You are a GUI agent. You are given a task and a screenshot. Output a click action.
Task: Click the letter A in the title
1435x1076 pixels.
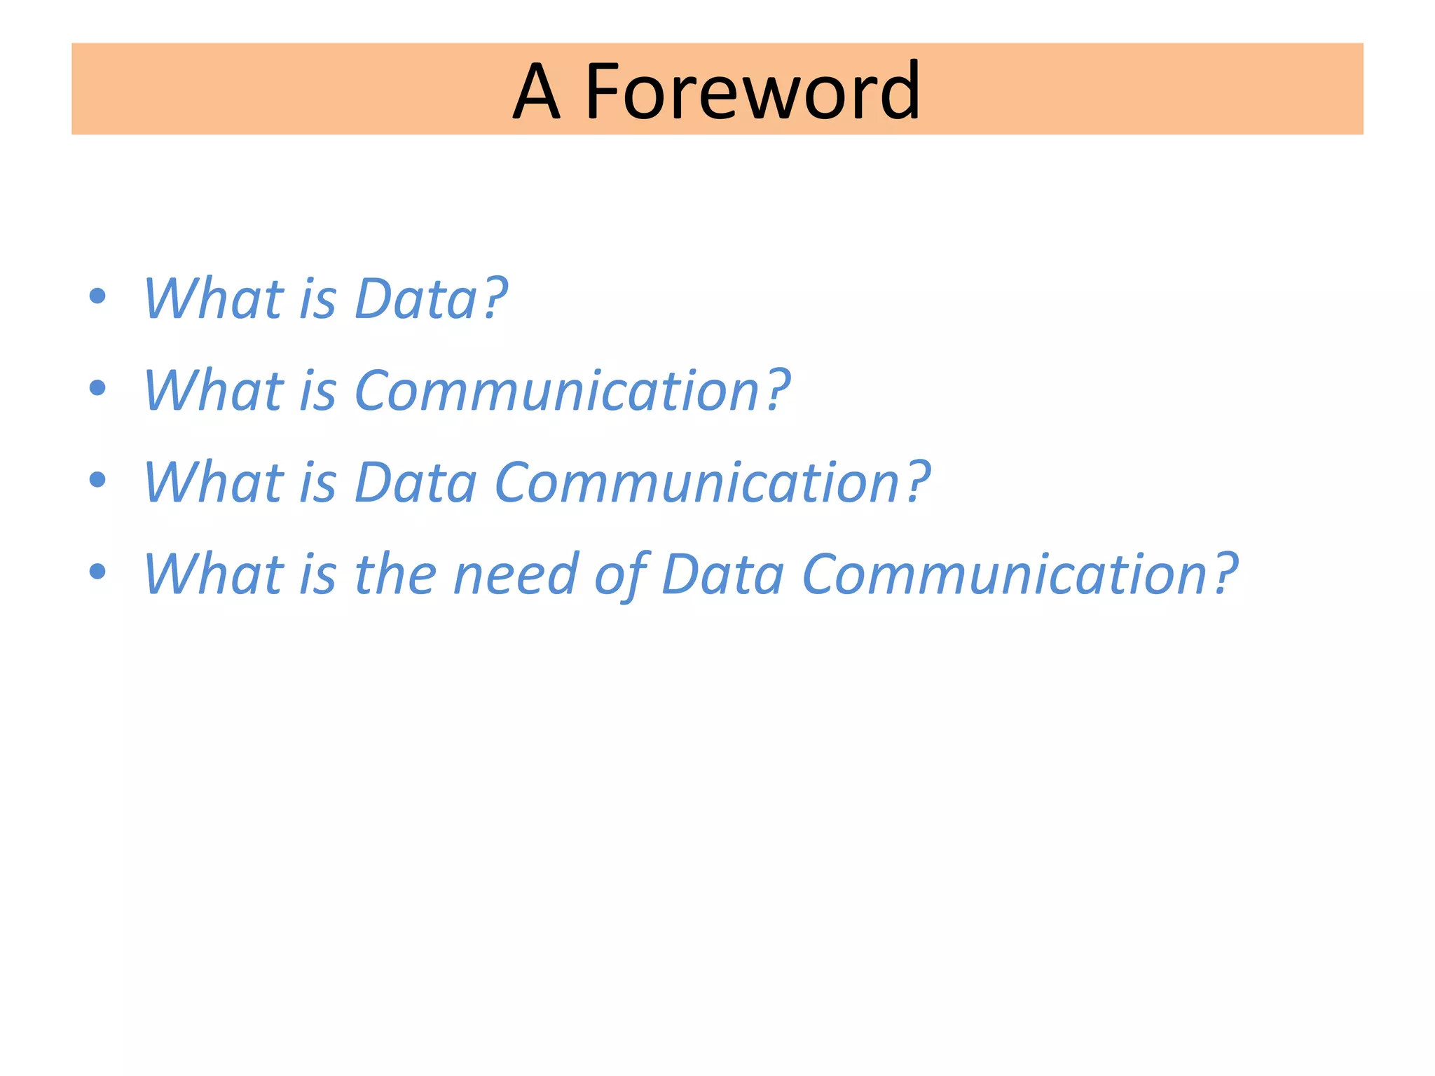(537, 91)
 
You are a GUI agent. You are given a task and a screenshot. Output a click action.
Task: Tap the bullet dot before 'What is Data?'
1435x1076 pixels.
(98, 296)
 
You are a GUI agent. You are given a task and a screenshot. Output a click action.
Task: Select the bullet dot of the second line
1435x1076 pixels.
(98, 387)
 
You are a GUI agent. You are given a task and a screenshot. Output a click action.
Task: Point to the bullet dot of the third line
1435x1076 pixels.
(98, 479)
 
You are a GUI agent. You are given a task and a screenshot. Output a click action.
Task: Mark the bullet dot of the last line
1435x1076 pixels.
(98, 571)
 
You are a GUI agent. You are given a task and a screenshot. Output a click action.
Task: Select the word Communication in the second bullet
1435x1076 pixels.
(557, 391)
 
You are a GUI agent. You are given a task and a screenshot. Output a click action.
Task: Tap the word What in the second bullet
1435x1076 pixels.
(213, 391)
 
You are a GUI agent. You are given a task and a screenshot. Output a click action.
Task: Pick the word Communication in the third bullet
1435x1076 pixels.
(697, 483)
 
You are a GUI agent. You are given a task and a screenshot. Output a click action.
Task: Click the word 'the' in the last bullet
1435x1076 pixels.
(396, 574)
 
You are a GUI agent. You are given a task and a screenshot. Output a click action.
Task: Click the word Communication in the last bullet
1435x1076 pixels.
(1005, 574)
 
